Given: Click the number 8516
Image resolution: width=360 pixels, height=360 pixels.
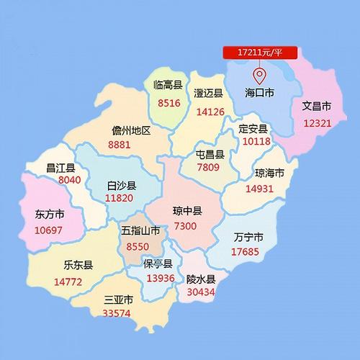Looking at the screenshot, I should (167, 103).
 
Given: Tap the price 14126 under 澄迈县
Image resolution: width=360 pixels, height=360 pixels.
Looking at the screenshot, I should (210, 112).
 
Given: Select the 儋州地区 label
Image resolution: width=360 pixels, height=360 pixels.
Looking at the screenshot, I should (131, 130).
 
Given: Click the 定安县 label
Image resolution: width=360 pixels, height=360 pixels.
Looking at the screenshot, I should (253, 129).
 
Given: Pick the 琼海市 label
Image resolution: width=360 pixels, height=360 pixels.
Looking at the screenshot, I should (269, 174).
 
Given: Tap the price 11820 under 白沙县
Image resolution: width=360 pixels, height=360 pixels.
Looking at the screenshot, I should (119, 198).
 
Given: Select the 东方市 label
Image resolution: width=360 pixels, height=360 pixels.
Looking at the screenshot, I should (50, 215).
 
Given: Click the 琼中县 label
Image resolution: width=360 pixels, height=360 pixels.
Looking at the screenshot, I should (187, 211).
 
